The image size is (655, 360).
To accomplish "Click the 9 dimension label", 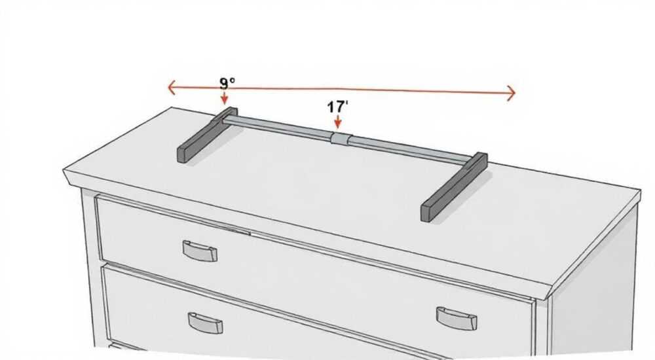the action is [x=227, y=83].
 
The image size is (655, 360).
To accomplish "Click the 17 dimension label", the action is [x=337, y=107].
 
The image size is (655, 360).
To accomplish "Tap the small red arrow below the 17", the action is [x=338, y=122].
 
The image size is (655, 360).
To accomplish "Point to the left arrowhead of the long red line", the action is [x=171, y=88].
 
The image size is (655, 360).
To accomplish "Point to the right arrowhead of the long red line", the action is [x=511, y=92].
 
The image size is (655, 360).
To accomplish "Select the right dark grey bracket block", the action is [x=454, y=187].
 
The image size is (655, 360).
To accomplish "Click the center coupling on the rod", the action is [x=342, y=139].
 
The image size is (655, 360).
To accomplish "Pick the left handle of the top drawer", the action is [x=200, y=251].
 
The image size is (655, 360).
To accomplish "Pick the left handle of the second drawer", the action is [x=205, y=323].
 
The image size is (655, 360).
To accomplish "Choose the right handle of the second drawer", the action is [x=457, y=318].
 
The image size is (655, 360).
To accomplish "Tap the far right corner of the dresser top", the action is [x=640, y=190].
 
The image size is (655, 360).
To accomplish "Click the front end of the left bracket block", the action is [x=183, y=154].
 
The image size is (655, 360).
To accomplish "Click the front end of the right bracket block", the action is [x=427, y=212].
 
